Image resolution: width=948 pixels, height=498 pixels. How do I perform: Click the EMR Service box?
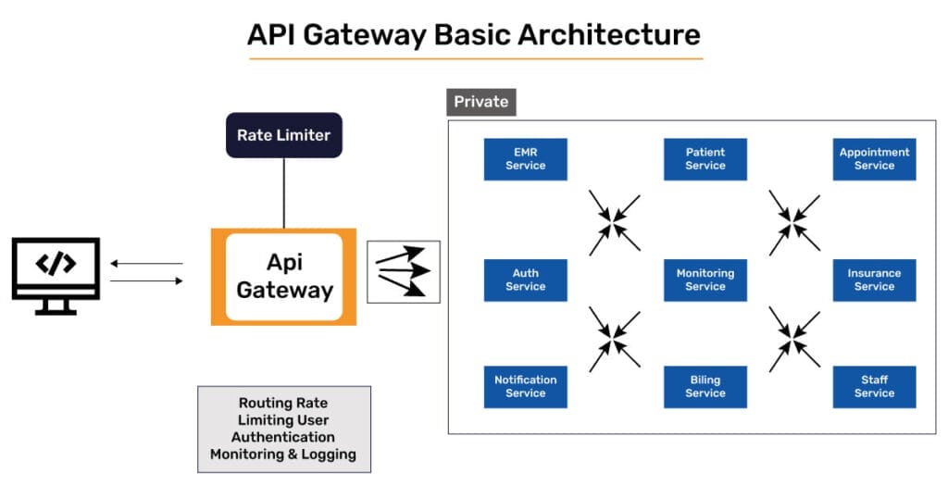coord(525,159)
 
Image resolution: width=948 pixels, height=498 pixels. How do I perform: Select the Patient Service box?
coord(705,159)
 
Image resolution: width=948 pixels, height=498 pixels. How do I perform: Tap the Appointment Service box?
coord(874,159)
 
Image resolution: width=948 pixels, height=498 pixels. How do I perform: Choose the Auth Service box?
coord(525,280)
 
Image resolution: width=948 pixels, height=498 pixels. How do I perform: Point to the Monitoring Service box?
coord(705,280)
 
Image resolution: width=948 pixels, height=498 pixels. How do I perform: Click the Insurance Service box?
coord(874,280)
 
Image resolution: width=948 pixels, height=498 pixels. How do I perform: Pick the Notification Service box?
coord(525,386)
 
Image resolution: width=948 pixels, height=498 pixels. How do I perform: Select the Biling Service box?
coord(705,386)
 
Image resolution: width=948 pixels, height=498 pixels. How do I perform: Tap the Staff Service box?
coord(874,386)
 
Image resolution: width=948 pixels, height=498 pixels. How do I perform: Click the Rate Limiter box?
coord(283,135)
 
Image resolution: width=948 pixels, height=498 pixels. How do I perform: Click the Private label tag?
coord(480,102)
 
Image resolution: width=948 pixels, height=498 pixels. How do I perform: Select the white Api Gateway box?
coord(283,277)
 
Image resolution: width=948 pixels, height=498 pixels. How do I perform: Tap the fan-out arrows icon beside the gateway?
coord(404,271)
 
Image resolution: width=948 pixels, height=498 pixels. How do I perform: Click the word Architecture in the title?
coord(608,35)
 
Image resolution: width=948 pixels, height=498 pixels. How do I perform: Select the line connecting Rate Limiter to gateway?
coord(284,193)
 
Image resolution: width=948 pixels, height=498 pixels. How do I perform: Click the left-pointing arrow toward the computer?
coord(146,264)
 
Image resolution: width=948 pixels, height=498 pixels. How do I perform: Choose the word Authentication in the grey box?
coord(283,437)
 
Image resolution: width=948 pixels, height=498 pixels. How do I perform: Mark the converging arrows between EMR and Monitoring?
coord(615,223)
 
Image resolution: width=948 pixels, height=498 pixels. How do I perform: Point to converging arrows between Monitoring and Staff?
coord(794,336)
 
